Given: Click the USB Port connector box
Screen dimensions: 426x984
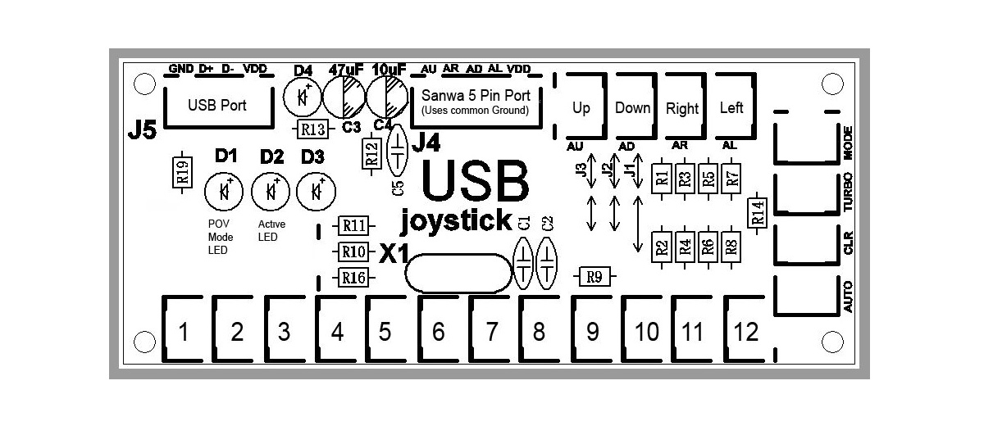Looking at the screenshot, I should (x=216, y=105).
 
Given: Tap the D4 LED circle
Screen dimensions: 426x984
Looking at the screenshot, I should (x=303, y=97).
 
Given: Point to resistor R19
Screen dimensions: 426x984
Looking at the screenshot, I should (x=183, y=171).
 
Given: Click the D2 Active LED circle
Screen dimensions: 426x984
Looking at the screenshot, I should (x=270, y=192).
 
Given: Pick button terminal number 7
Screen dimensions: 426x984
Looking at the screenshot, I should (x=492, y=332).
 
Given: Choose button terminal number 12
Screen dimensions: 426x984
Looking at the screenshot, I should (x=746, y=332).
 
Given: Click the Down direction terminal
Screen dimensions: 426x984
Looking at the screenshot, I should (x=632, y=107).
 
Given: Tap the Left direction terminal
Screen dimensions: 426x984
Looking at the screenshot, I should (x=731, y=107).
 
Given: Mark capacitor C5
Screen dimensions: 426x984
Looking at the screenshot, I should (x=398, y=152).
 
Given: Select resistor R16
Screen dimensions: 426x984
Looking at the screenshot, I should (x=353, y=278).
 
